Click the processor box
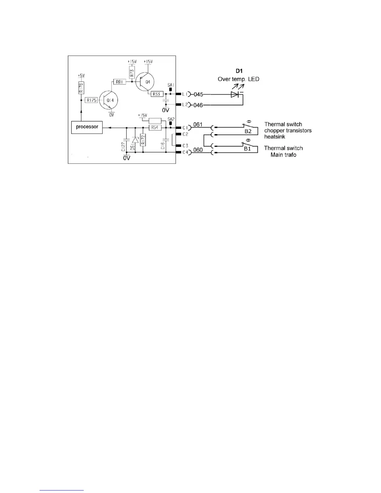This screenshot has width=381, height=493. tap(87, 127)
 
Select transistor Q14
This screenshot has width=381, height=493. tap(109, 100)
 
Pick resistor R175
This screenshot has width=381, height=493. tap(92, 100)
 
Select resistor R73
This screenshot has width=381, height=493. tap(132, 73)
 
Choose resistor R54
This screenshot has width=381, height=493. tap(155, 128)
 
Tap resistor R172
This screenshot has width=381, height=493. tap(143, 140)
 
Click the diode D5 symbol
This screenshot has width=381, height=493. tap(135, 141)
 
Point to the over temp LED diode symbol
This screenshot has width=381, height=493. tap(235, 94)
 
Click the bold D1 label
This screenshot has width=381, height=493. tap(239, 71)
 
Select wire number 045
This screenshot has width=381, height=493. tap(198, 94)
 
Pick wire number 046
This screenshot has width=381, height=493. tap(198, 106)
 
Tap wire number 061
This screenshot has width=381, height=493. tap(198, 124)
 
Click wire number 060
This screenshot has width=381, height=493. tap(198, 150)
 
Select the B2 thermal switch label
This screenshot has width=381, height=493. tap(248, 131)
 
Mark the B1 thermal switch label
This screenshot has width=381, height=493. tap(247, 149)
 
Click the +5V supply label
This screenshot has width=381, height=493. tap(81, 76)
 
